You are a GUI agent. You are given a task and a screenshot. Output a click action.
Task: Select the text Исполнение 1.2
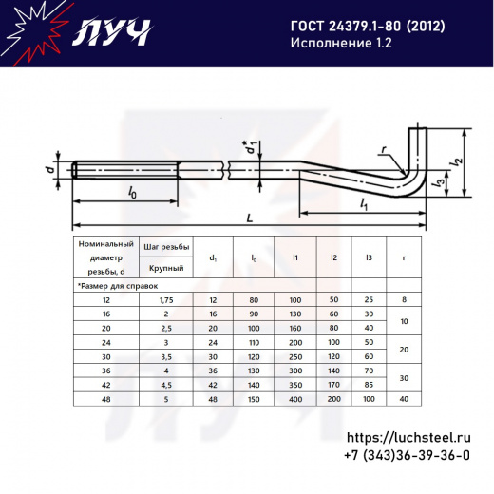(333, 44)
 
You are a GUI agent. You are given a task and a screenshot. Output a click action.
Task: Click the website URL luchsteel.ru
(408, 439)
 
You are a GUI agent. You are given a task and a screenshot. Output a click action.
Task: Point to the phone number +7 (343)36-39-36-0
(408, 457)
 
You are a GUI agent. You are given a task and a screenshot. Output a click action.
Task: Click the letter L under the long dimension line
(249, 218)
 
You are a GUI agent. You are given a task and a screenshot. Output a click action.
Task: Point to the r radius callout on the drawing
(382, 150)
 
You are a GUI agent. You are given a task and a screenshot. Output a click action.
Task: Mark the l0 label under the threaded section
(131, 193)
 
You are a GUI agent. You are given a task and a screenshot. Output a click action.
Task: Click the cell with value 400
(295, 400)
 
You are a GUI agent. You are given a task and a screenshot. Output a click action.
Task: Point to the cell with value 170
(333, 386)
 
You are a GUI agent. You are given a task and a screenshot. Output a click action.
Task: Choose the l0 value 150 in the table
(254, 400)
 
